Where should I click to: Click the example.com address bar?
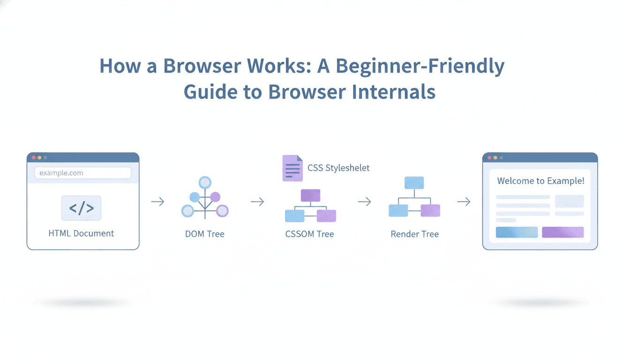82,173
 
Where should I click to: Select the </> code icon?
81,208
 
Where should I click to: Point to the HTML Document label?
81,233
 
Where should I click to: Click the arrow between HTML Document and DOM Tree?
158,202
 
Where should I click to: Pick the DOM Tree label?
205,234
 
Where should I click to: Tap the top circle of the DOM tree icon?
205,182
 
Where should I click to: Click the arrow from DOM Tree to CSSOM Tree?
257,202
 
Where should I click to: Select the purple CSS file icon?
292,168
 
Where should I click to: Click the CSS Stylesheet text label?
338,168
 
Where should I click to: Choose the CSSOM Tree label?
309,234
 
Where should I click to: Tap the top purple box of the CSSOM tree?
310,195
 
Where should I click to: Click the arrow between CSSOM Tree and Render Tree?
364,202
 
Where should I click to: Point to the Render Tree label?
415,234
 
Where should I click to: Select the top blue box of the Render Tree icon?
414,183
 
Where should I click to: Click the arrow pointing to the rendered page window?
464,202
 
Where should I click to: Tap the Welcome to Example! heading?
540,181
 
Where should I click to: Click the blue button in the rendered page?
517,232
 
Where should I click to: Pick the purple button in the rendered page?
562,232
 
